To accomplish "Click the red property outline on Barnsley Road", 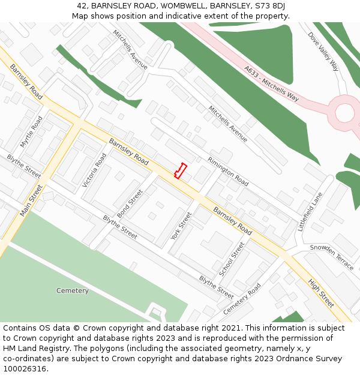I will point(180,171).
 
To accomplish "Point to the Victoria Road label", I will point(94,170).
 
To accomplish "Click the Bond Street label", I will point(130,204).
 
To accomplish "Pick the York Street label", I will point(181,226).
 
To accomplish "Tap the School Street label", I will point(232,259).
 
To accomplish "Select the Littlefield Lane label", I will point(310,212).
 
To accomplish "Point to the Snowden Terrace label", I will point(331,257).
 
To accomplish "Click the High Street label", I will point(321,293).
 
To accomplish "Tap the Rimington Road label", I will point(228,171).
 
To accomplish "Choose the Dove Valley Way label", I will point(323,52).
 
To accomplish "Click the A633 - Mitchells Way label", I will point(272,83).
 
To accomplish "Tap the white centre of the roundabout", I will point(345,112).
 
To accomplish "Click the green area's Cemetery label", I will point(73,291).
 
